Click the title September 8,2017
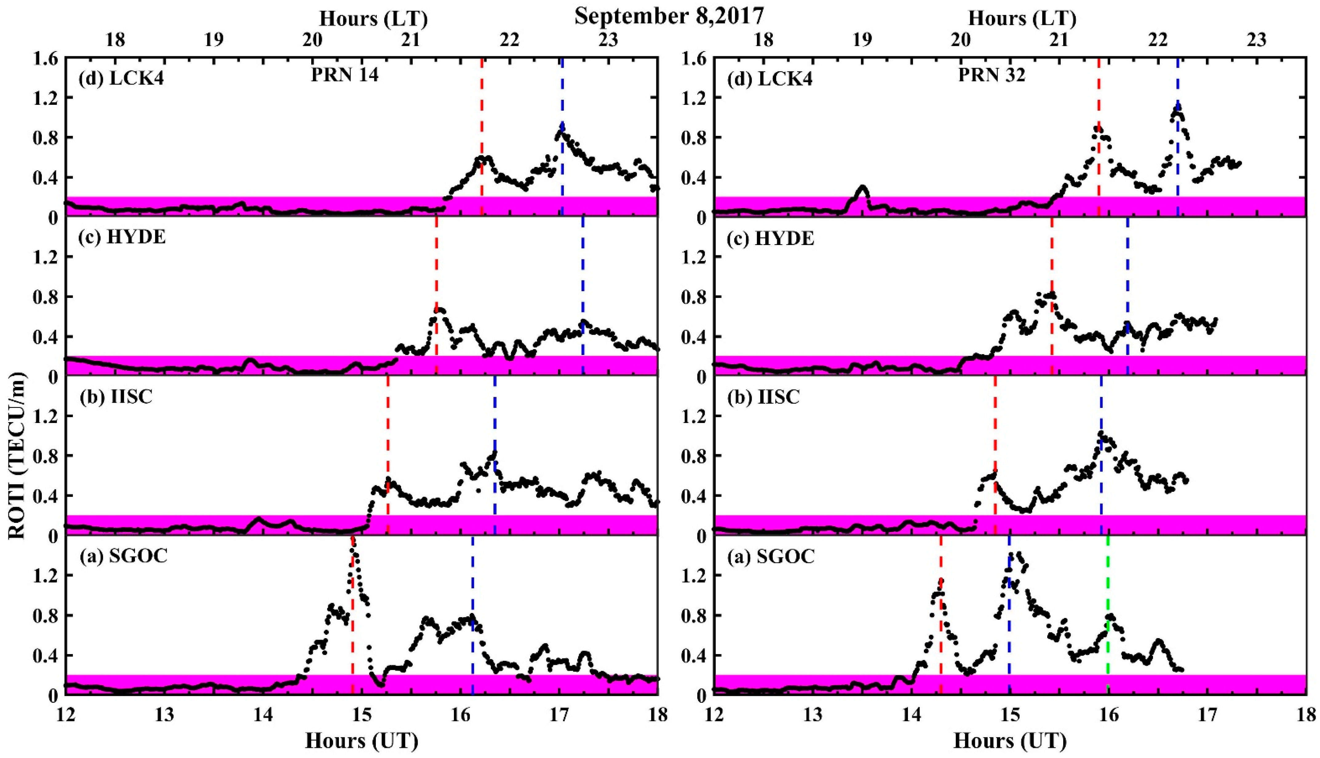pyautogui.click(x=669, y=16)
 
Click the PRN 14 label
pyautogui.click(x=345, y=76)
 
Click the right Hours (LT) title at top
pyautogui.click(x=1022, y=19)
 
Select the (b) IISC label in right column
pyautogui.click(x=764, y=397)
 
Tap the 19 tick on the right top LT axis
pyautogui.click(x=861, y=40)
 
